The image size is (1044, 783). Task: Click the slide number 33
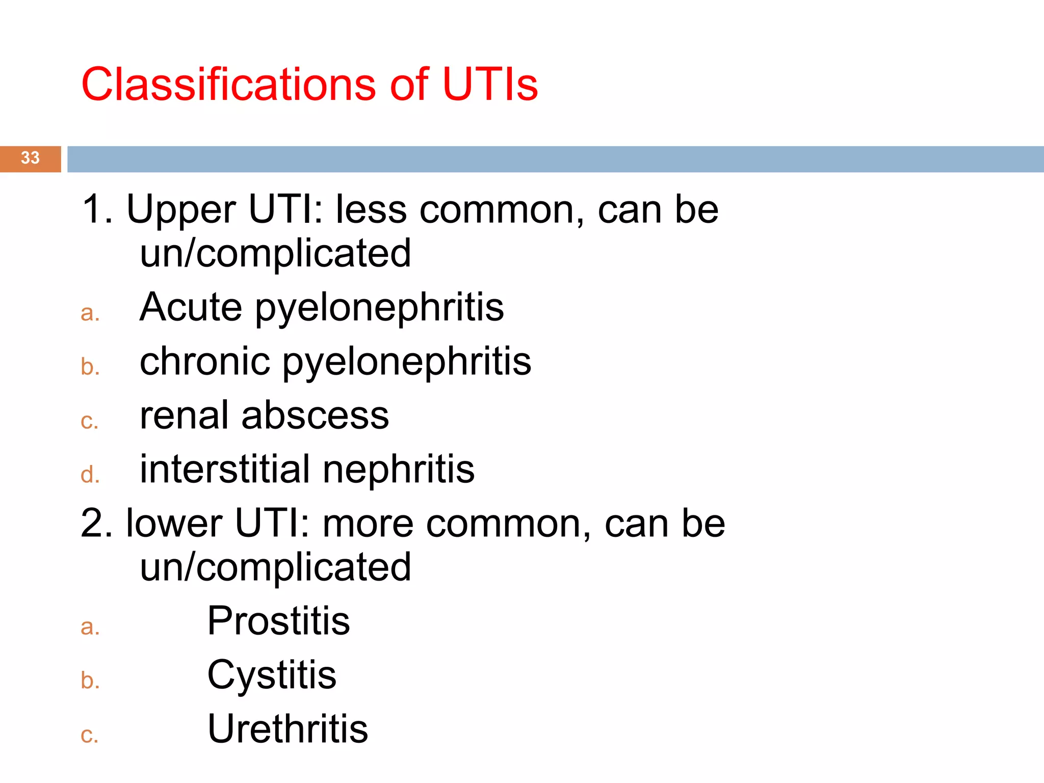[30, 158]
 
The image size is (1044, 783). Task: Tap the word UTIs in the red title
[490, 84]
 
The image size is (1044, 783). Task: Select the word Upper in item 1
[181, 210]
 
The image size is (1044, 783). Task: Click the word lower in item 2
[174, 524]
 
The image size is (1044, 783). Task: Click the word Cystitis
[272, 675]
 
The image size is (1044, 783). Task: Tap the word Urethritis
[288, 729]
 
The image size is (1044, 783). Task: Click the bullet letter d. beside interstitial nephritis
[90, 475]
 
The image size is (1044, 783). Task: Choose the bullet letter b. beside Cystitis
[90, 681]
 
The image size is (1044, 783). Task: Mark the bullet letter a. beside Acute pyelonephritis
[90, 313]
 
